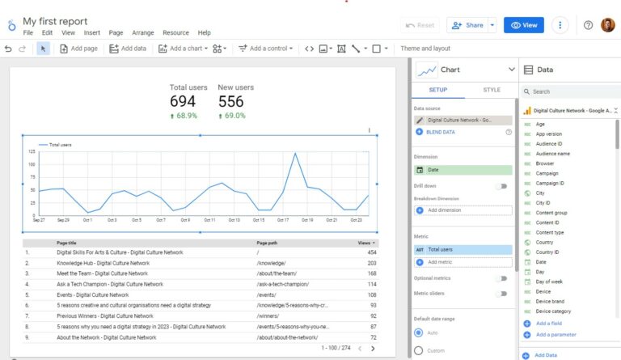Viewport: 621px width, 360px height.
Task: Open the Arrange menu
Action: (x=144, y=33)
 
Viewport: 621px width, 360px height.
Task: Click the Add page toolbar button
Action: (x=79, y=49)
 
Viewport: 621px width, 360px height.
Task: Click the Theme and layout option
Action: (x=425, y=49)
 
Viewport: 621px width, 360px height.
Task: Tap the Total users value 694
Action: (x=183, y=102)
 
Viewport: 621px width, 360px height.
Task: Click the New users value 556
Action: (x=231, y=102)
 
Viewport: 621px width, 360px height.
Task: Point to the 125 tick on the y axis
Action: (x=31, y=151)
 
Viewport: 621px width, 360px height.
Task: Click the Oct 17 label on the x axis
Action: (x=283, y=219)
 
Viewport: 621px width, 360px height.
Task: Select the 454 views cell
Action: (x=371, y=252)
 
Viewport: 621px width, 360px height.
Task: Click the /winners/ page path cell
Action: (x=268, y=316)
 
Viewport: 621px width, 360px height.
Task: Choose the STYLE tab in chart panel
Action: (x=491, y=90)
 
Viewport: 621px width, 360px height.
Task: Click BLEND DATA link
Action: (x=440, y=131)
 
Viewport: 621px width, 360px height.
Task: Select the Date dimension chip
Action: (x=463, y=170)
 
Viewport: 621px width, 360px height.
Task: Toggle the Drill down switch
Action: (x=502, y=186)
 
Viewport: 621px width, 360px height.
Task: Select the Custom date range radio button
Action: (x=418, y=351)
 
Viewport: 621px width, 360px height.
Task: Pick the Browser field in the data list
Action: (x=545, y=163)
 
